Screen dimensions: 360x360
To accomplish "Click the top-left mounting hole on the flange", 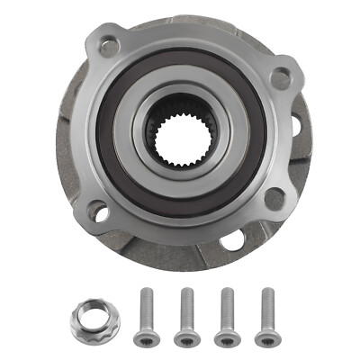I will pyautogui.click(x=111, y=46).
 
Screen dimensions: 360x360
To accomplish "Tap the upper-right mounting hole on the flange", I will pyautogui.click(x=281, y=78).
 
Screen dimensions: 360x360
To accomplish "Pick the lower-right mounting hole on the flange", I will pyautogui.click(x=273, y=198).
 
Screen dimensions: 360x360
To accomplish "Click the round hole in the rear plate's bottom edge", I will pyautogui.click(x=232, y=240).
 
